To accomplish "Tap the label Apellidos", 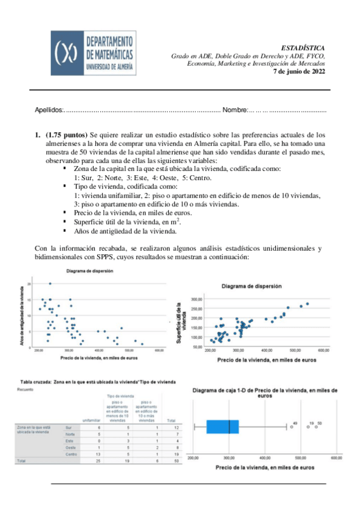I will (x=49, y=110).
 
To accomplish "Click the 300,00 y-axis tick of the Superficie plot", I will (x=196, y=299).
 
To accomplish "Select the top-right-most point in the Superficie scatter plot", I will (x=307, y=304).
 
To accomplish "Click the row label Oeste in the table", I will (x=71, y=447).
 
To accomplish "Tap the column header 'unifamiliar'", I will (x=91, y=420).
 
